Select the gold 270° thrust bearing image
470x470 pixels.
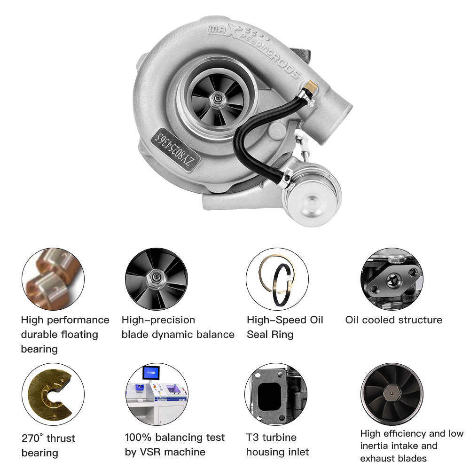coord(53,394)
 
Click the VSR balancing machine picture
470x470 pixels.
coord(157,394)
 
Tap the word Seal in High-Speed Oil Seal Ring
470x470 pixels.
coord(258,335)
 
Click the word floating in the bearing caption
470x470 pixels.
coord(79,335)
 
